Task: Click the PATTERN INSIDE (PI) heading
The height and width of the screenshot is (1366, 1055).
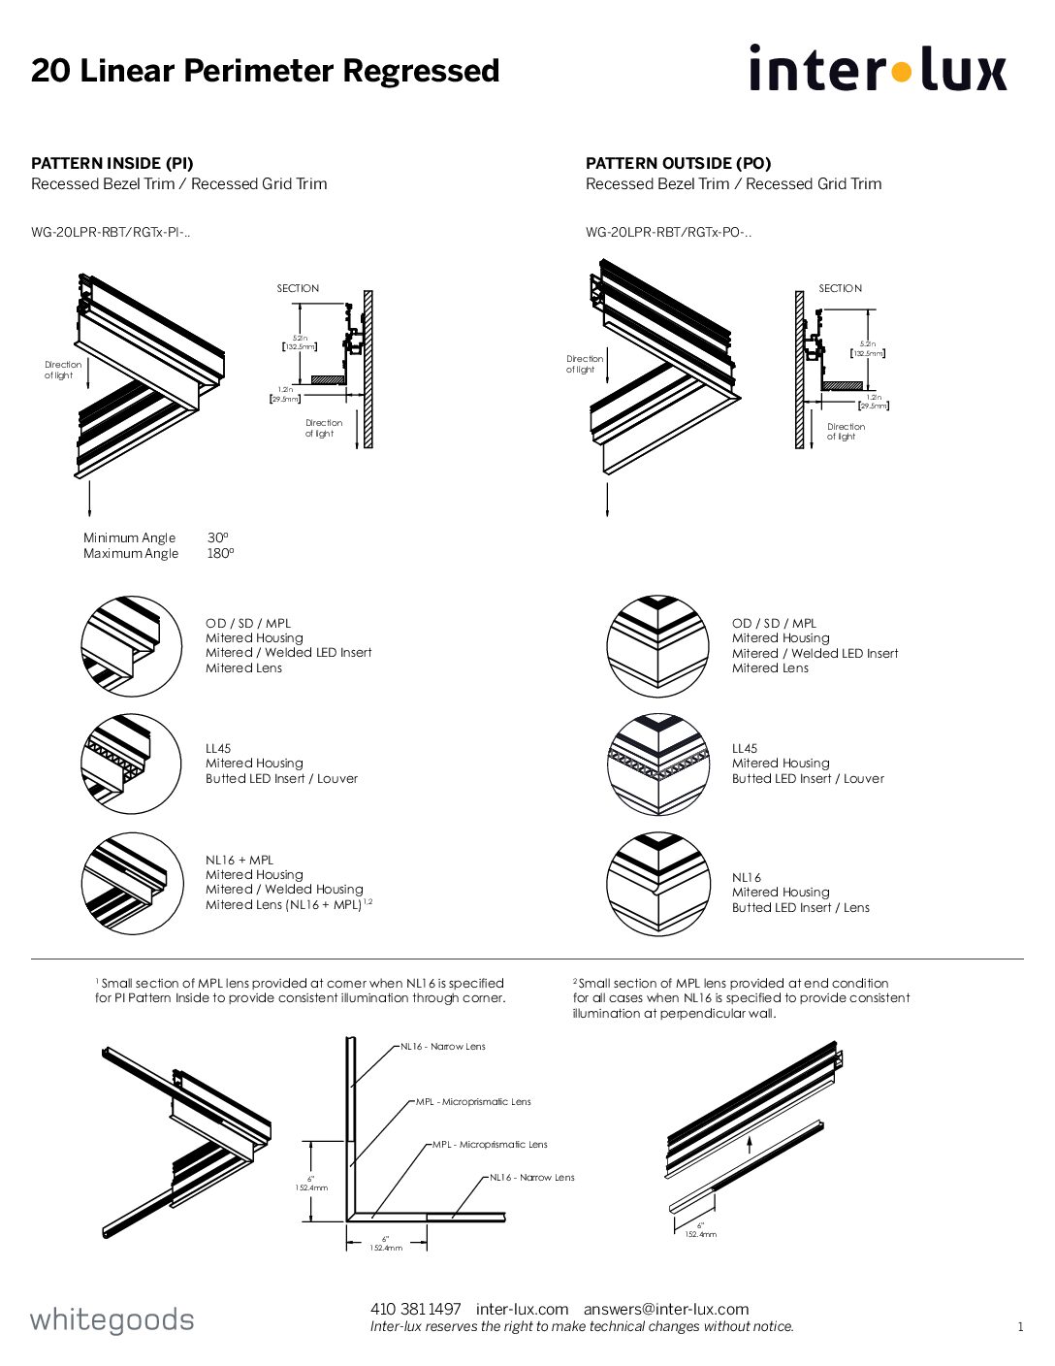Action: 112,163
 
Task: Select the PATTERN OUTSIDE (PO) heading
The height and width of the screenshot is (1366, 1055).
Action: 678,163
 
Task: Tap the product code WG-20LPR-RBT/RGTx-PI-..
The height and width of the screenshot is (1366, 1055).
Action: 111,232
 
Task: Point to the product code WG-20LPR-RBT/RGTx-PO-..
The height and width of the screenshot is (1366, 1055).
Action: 668,232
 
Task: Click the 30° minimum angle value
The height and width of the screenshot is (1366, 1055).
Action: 217,537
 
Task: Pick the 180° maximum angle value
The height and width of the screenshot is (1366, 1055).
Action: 220,554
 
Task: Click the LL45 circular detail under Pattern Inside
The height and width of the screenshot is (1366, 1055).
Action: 131,764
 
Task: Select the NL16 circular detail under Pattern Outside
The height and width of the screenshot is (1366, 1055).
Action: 657,884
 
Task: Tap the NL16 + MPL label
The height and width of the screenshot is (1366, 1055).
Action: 240,860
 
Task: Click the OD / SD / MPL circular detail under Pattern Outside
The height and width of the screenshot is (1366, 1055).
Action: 657,646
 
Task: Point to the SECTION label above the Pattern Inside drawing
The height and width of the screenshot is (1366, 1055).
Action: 298,288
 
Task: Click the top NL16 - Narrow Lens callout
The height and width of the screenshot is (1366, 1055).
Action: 443,1047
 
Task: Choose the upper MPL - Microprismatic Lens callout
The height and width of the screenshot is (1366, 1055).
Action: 474,1102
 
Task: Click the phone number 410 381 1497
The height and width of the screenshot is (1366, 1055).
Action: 415,1310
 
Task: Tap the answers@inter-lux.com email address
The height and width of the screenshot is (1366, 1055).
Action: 666,1310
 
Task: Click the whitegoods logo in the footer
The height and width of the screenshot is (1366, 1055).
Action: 112,1319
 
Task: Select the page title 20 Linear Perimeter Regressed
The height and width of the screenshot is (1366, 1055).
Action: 265,71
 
